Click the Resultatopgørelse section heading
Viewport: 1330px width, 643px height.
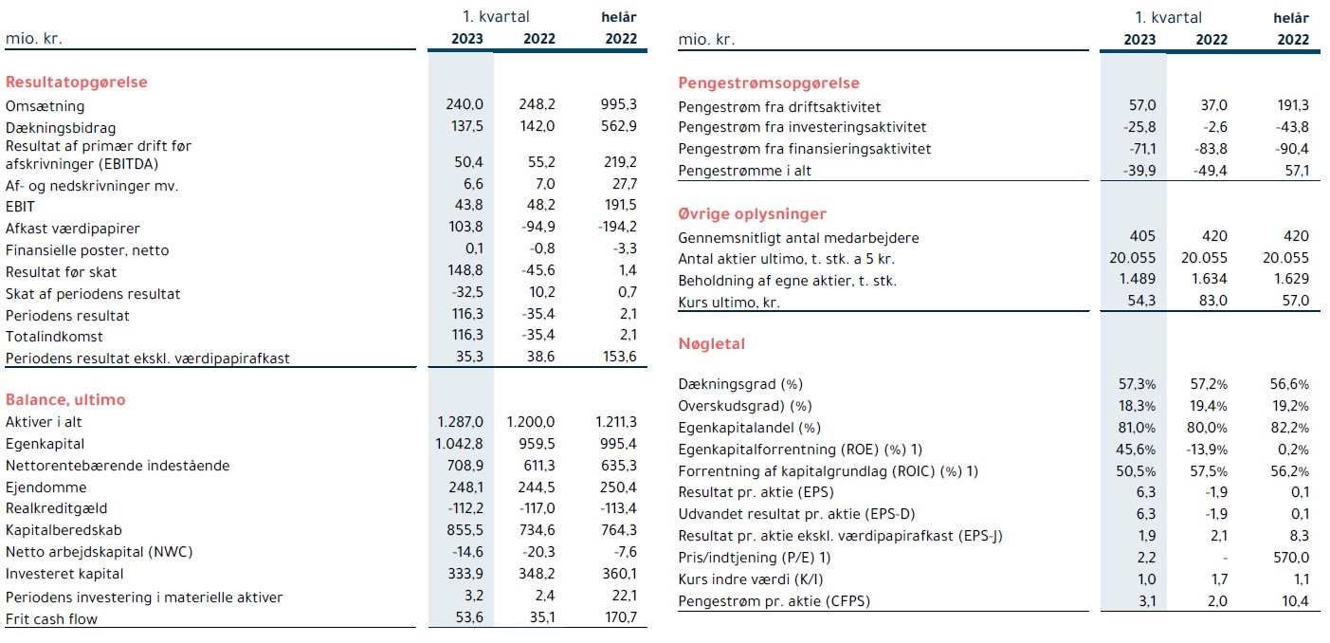click(76, 82)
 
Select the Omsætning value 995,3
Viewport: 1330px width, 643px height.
click(618, 104)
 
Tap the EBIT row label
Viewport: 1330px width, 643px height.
click(20, 207)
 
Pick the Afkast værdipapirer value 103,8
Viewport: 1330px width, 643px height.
click(465, 227)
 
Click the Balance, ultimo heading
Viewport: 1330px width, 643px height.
click(65, 399)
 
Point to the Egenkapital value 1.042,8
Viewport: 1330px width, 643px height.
click(459, 444)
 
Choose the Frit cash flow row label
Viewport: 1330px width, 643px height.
click(51, 619)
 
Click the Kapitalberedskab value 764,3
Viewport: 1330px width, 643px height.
click(618, 530)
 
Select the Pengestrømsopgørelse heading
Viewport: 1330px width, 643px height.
click(768, 83)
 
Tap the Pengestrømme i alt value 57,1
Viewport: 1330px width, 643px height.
click(1297, 171)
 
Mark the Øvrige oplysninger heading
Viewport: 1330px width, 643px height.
click(752, 214)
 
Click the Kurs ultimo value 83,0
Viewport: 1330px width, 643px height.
click(1212, 301)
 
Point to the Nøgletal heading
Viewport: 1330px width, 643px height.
click(711, 344)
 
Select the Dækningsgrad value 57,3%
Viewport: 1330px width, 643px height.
click(1137, 384)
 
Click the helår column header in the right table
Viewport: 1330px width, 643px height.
click(1291, 18)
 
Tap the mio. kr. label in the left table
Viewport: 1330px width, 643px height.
click(33, 39)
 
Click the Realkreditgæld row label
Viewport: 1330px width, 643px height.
click(57, 508)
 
